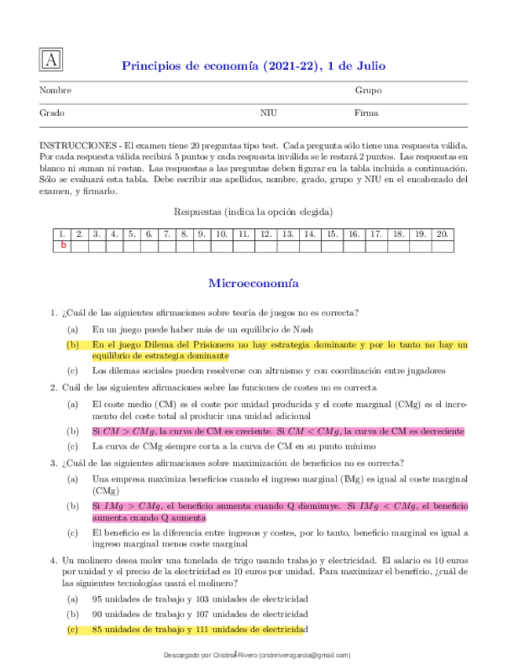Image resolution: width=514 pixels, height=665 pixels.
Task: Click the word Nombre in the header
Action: tap(55, 91)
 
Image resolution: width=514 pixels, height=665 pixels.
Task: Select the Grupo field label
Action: tap(368, 91)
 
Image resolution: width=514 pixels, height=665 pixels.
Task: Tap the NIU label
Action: tap(268, 113)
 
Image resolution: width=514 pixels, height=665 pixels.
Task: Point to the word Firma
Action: tap(366, 113)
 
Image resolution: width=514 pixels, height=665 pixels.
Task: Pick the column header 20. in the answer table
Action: tap(443, 234)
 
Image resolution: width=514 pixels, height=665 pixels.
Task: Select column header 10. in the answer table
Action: tap(221, 234)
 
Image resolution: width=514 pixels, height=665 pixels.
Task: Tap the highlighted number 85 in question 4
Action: tap(97, 629)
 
